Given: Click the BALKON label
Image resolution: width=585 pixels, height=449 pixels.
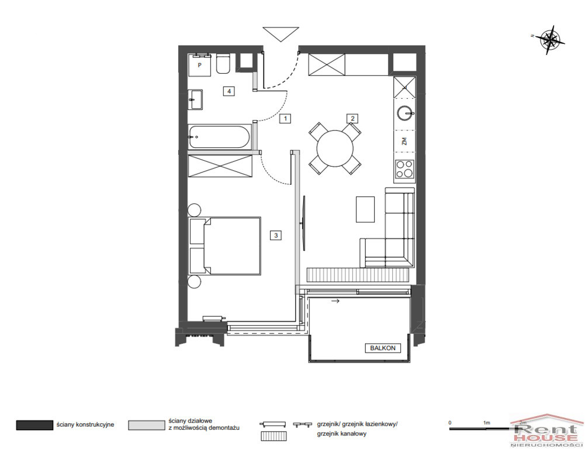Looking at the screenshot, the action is [383, 348].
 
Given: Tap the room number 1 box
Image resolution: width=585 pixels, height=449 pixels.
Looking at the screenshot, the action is [285, 119].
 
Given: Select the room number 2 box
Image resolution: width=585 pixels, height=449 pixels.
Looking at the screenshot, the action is [352, 119].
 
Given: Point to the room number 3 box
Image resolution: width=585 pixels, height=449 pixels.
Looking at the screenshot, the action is [276, 235].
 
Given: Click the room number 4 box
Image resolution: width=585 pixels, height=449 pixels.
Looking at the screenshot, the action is [229, 91].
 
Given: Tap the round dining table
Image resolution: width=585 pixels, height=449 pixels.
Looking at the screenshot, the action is [335, 148].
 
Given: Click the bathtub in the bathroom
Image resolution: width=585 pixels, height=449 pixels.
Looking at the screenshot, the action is [219, 137].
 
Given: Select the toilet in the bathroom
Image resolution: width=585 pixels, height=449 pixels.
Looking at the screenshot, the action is [223, 64].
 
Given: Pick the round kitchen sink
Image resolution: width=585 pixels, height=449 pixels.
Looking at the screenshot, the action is [404, 112].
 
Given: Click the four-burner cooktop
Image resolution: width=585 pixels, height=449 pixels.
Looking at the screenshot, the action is [405, 169].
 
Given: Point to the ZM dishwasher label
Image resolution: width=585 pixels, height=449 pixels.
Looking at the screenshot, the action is [404, 141].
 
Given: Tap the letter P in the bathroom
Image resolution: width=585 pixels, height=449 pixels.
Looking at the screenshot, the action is [200, 65].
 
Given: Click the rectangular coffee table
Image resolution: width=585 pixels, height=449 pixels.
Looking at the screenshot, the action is [365, 209].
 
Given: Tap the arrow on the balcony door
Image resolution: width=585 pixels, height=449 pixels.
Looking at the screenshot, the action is [335, 301].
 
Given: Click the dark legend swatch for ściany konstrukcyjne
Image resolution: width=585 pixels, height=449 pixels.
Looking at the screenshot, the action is [34, 425].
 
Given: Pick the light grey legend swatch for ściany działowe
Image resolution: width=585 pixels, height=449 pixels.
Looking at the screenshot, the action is [146, 425].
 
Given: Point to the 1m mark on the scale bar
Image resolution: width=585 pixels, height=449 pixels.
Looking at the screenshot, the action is [486, 423].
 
